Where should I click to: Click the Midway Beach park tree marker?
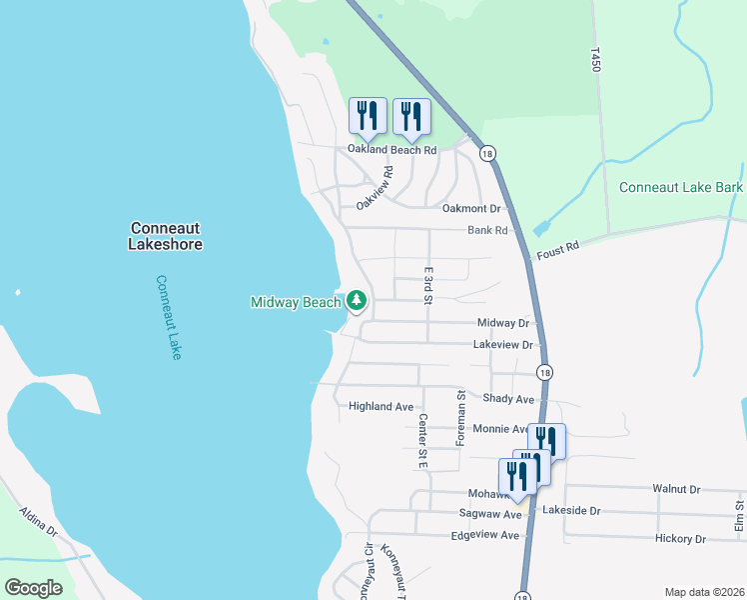tap(357, 300)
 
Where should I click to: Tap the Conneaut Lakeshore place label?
tap(166, 236)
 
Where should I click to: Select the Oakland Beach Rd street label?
tap(391, 150)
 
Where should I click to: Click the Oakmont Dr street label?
tap(470, 209)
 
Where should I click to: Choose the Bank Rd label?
tap(487, 230)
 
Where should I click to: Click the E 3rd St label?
tap(427, 285)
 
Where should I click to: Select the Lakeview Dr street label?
tap(504, 345)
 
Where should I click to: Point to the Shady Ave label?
tap(508, 399)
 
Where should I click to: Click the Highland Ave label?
tap(380, 407)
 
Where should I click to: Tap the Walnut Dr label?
tap(676, 489)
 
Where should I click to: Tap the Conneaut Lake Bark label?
tap(680, 187)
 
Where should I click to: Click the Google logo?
tap(34, 588)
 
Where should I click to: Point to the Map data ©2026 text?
tap(703, 592)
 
